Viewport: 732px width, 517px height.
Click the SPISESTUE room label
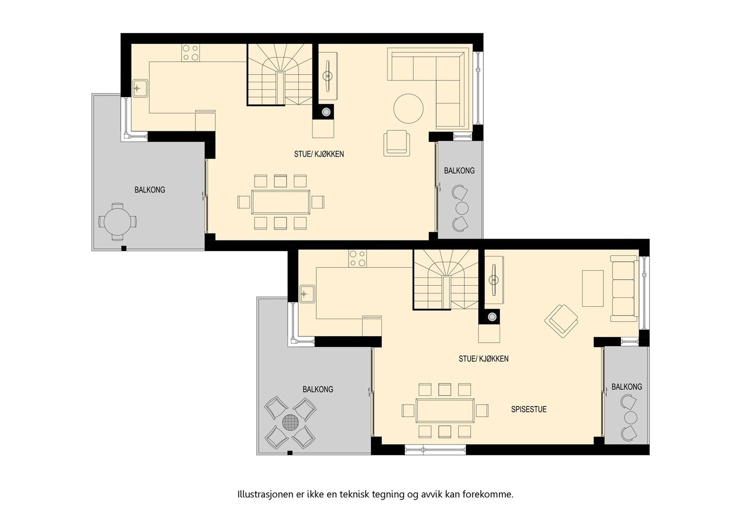[x=529, y=409]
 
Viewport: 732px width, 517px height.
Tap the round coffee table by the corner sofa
[x=409, y=108]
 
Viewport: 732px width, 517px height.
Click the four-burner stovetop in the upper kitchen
[x=191, y=53]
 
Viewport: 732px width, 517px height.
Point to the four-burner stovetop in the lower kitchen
[x=357, y=259]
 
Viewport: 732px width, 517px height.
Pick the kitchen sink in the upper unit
[x=140, y=88]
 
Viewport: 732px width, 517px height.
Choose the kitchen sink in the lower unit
[x=307, y=294]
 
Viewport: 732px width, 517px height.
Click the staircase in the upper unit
[x=280, y=75]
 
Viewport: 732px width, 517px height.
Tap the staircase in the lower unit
[x=446, y=280]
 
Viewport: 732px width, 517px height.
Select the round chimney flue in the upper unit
[x=326, y=112]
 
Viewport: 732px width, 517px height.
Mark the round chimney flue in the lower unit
[x=492, y=317]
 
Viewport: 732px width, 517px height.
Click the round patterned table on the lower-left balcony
[x=290, y=422]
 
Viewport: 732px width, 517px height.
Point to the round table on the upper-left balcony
[x=118, y=222]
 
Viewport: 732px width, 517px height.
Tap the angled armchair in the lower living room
[x=561, y=321]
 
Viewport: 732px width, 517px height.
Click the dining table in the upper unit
[x=281, y=202]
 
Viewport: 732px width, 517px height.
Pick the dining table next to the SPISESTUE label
[x=445, y=410]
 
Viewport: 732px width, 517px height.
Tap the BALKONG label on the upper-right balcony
[x=459, y=171]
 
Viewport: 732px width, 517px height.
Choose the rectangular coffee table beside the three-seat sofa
[x=593, y=288]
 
